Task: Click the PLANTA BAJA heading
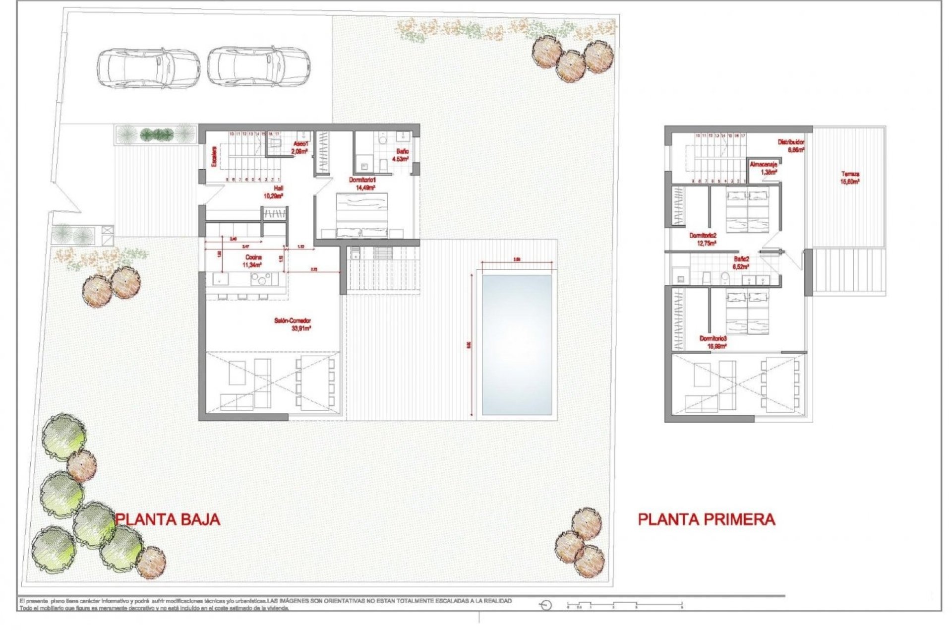click(x=168, y=519)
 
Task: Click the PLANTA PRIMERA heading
click(x=706, y=519)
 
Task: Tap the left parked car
click(x=148, y=68)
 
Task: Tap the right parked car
click(x=258, y=66)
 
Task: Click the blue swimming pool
click(x=517, y=345)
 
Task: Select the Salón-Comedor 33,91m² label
click(x=293, y=324)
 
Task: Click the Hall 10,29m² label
click(x=273, y=192)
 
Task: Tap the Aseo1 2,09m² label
click(x=300, y=147)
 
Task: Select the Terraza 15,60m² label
click(x=850, y=178)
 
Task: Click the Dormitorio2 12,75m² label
click(x=703, y=240)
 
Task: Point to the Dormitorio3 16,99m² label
click(x=713, y=342)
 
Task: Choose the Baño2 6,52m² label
click(x=741, y=262)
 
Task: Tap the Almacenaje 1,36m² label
click(x=764, y=168)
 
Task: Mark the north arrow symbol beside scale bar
click(x=546, y=605)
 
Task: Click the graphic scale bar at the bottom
click(x=625, y=605)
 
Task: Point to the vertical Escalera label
click(x=214, y=156)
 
